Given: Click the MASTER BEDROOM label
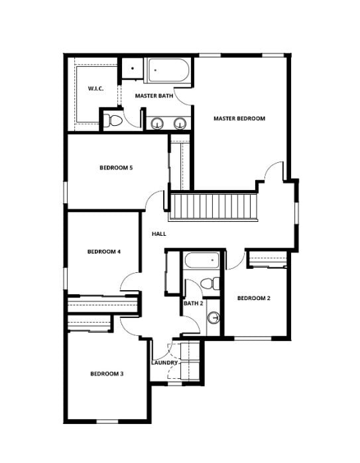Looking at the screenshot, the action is (239, 119).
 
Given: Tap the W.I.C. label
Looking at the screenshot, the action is (95, 88).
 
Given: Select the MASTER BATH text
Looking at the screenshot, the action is (154, 95).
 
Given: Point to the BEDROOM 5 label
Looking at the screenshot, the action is (116, 168).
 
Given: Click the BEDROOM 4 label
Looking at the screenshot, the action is (104, 252).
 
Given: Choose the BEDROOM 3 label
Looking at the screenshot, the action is (107, 374).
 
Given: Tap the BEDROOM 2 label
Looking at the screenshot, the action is (254, 298).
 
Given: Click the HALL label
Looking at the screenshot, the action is (159, 234).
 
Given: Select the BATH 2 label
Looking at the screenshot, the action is (194, 303).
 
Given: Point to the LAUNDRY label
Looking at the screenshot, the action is (164, 362).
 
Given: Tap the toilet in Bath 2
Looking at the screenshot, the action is (210, 283).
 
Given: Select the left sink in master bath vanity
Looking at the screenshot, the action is (157, 123).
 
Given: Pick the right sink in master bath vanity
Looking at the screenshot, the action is (180, 123).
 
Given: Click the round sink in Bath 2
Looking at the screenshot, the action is (213, 318).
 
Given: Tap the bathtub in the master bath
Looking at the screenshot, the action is (168, 71).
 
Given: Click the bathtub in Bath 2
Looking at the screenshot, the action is (202, 260).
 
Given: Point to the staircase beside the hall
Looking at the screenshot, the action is (213, 207).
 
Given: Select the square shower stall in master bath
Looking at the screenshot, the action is (133, 68).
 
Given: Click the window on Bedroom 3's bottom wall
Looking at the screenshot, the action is (107, 421).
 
